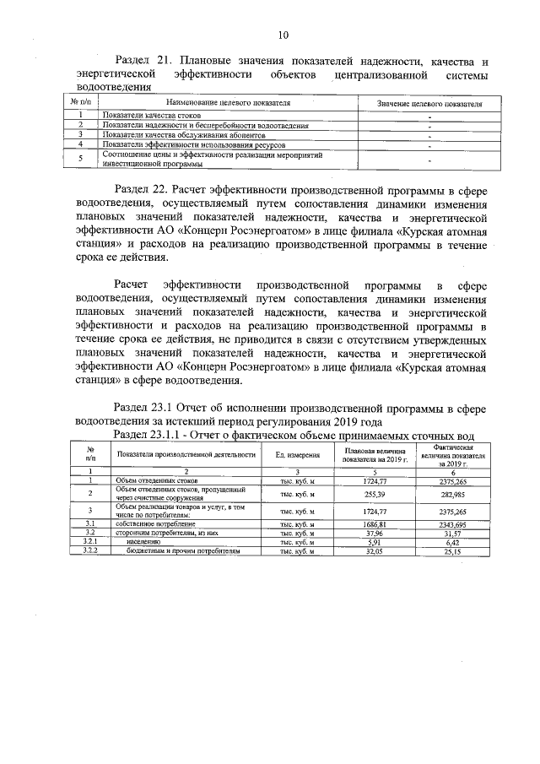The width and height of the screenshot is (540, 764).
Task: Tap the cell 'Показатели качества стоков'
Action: click(141, 116)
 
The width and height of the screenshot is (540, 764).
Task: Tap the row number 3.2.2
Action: click(89, 550)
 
